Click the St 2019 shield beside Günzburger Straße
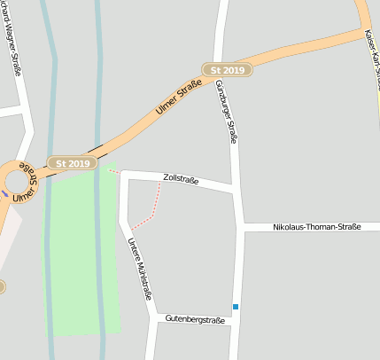pyautogui.click(x=227, y=69)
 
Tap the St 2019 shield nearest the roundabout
pyautogui.click(x=73, y=163)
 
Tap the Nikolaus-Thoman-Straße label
pyautogui.click(x=317, y=228)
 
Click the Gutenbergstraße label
pyautogui.click(x=195, y=319)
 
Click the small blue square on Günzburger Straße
pyautogui.click(x=236, y=307)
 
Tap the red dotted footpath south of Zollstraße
pyautogui.click(x=151, y=208)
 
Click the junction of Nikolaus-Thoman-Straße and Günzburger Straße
pyautogui.click(x=240, y=228)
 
